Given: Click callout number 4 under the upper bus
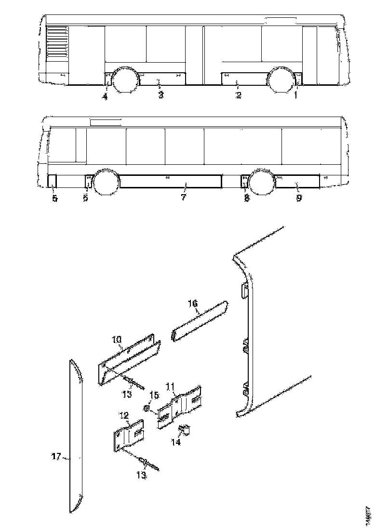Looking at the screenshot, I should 105,96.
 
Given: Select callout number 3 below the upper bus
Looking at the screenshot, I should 161,95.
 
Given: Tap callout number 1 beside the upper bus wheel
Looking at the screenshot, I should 295,95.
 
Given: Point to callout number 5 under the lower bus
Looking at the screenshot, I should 54,198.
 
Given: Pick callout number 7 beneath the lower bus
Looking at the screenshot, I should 183,198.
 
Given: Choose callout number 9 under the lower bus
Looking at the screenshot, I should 299,198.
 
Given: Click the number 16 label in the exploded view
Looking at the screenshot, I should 193,303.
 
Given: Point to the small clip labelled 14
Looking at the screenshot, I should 185,429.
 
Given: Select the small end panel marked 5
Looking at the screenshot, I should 52,181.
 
